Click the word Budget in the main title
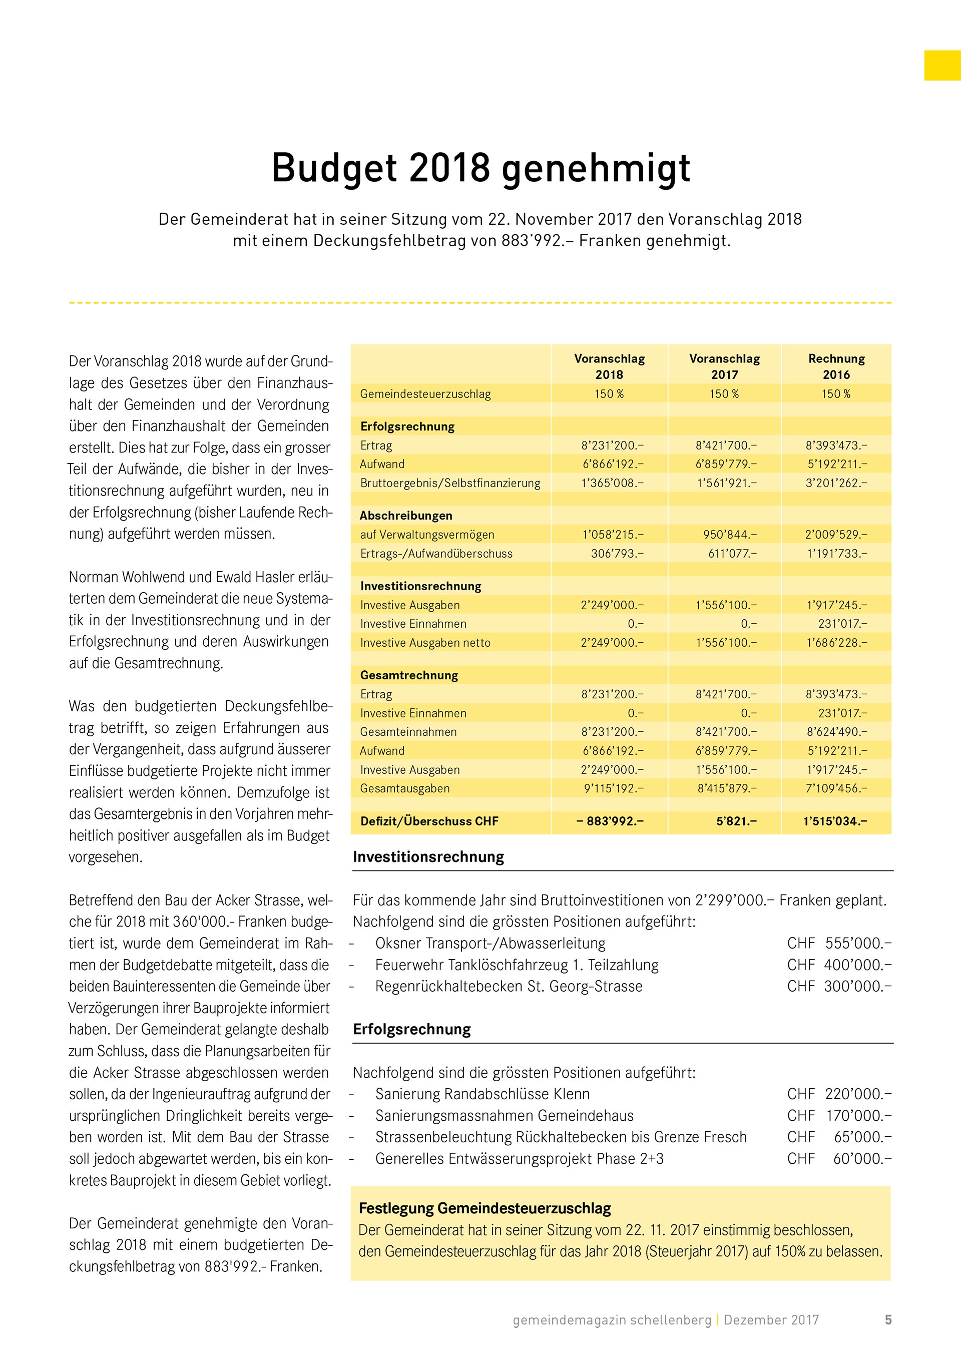[x=334, y=169]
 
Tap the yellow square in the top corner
[x=942, y=65]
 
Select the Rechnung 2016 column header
[x=836, y=366]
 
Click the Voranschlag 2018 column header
[x=609, y=366]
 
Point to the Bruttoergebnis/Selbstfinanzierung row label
[x=450, y=483]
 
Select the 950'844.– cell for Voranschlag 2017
[x=730, y=535]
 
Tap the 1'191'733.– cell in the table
[x=836, y=554]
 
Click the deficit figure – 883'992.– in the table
[x=610, y=821]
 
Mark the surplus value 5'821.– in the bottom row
[x=736, y=821]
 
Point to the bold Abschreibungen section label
[x=405, y=516]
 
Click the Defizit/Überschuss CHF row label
[x=429, y=821]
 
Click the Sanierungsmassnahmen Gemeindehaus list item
[x=504, y=1116]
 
